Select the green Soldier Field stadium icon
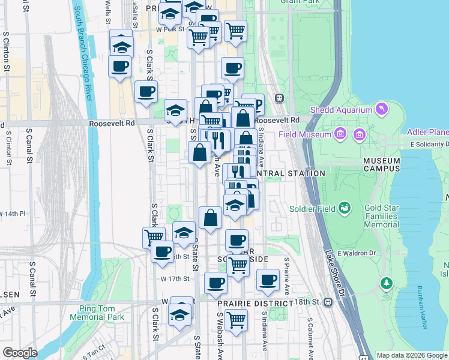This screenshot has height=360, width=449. click(x=345, y=208)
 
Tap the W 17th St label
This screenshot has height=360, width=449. click(x=175, y=278)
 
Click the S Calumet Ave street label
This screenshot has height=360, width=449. click(x=310, y=336)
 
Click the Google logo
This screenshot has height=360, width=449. click(x=20, y=353)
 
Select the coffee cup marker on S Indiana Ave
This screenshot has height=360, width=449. click(x=268, y=280)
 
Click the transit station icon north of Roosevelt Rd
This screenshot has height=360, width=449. click(x=279, y=98)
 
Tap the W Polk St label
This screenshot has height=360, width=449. click(x=168, y=29)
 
